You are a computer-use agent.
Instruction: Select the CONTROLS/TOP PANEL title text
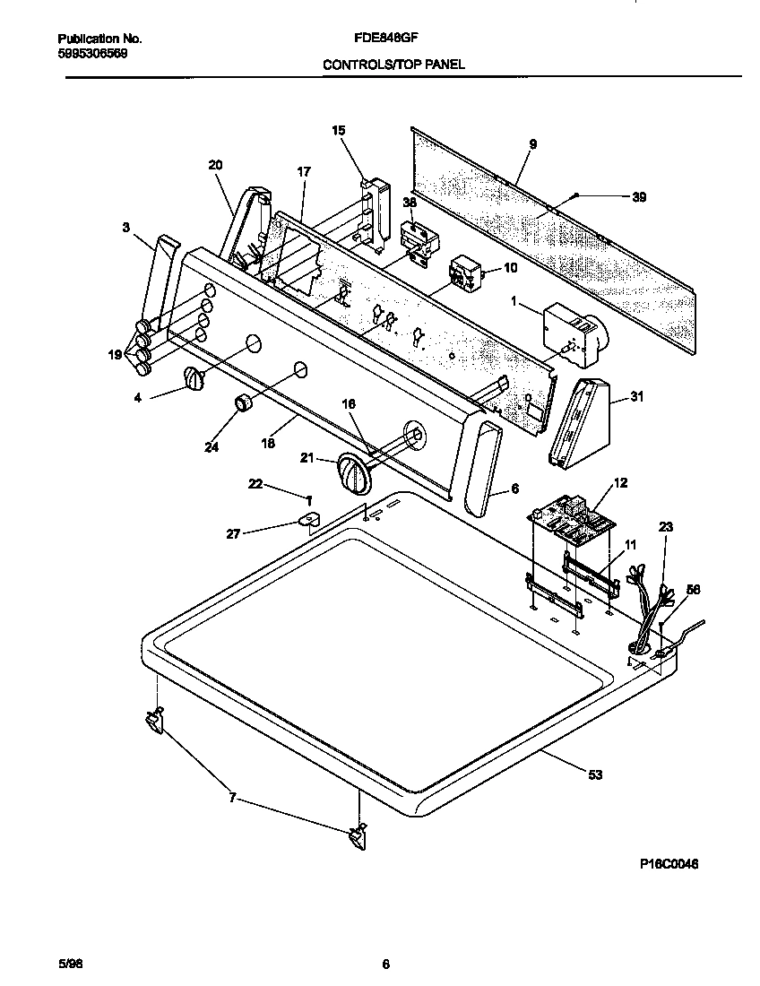point(393,65)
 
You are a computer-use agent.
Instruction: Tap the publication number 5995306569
point(92,53)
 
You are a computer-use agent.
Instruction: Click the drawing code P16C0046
point(669,864)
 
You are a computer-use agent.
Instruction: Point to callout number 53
point(594,774)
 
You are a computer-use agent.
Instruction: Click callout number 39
point(638,197)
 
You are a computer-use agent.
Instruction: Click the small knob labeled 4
point(194,379)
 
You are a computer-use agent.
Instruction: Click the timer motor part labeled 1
point(573,333)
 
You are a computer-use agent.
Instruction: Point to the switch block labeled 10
point(465,272)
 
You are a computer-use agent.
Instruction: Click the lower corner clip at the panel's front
point(357,838)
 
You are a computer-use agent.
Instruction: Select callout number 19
point(115,355)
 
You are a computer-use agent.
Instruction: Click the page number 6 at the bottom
point(385,965)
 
